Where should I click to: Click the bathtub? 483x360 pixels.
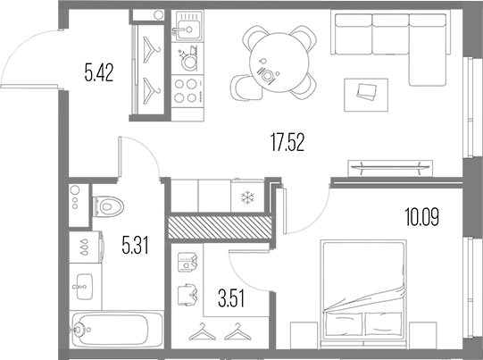click(117, 331)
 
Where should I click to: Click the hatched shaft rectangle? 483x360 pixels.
click(219, 226)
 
